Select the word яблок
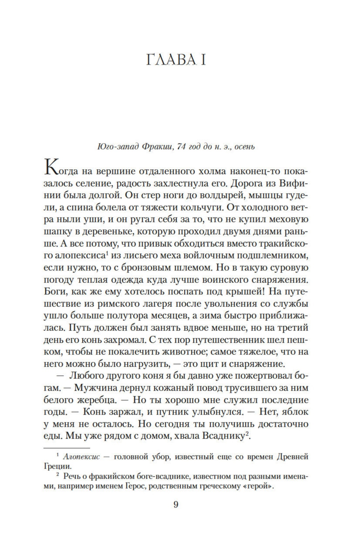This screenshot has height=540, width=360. [295, 412]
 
